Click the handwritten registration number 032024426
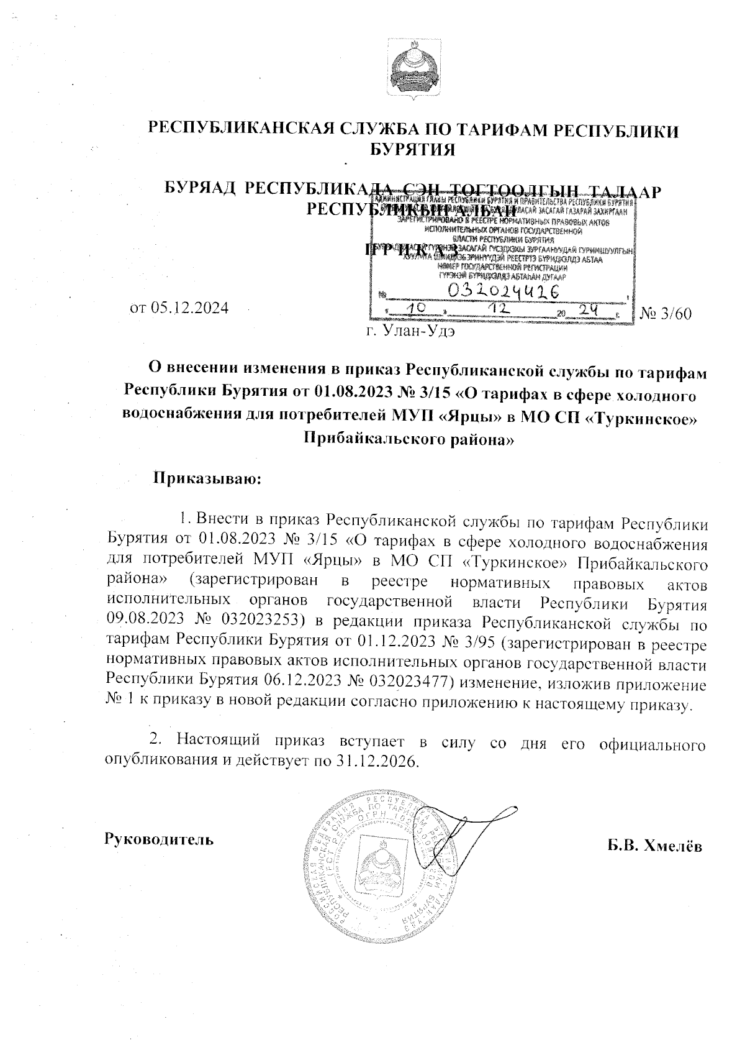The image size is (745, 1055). tap(502, 291)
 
